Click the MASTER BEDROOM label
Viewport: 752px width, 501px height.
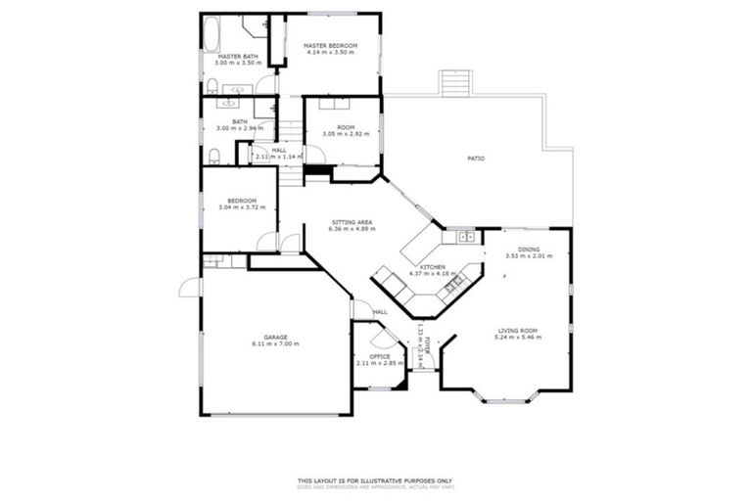(328, 46)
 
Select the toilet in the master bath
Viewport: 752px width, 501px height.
(212, 85)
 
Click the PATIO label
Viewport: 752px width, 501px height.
(475, 158)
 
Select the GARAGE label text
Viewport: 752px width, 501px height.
(274, 337)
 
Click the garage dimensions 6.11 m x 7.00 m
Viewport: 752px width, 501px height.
(274, 344)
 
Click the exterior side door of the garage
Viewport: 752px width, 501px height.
(189, 288)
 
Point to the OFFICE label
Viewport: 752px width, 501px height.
(379, 356)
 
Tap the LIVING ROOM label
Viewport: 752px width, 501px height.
(519, 331)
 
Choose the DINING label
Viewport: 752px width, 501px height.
(529, 250)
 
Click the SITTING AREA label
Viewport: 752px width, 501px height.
(352, 223)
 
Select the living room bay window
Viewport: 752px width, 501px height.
(505, 398)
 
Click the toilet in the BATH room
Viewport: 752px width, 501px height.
(213, 154)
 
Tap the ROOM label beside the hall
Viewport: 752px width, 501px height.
(345, 127)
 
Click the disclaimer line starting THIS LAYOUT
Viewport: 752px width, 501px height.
(375, 480)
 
